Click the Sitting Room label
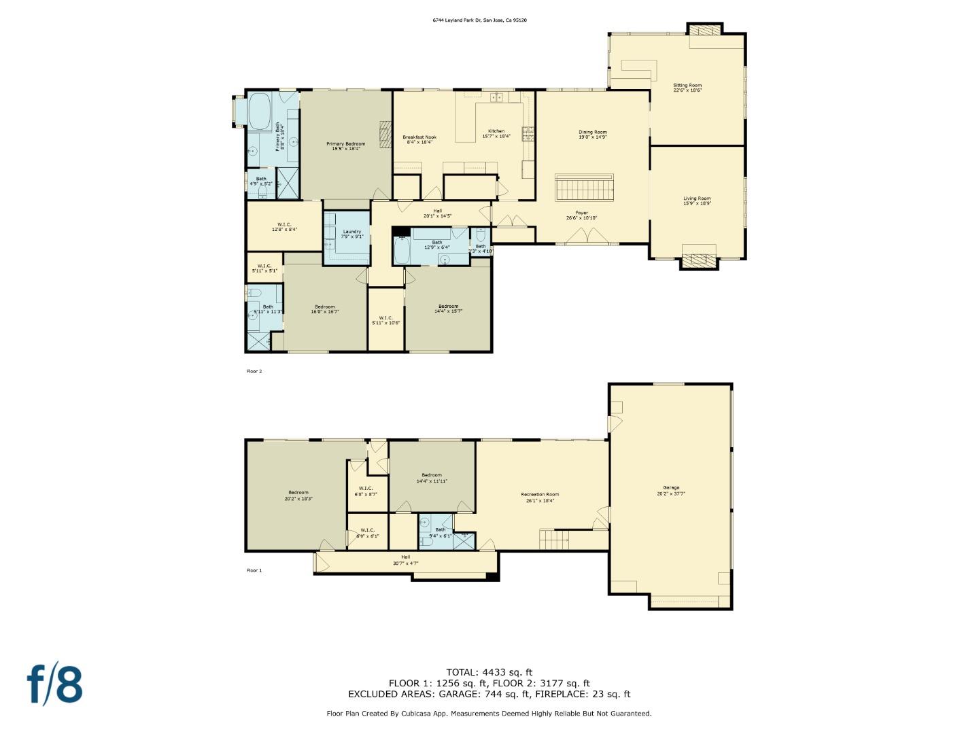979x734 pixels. click(687, 88)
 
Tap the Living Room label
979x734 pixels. click(697, 200)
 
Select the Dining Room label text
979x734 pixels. click(592, 135)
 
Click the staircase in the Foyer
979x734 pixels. click(585, 186)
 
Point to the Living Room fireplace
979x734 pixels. click(699, 260)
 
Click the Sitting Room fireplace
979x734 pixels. click(704, 30)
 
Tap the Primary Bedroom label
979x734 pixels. click(345, 145)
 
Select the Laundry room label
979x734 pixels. click(352, 234)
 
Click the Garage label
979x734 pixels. click(671, 490)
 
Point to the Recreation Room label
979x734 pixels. click(540, 497)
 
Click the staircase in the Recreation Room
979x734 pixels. click(554, 540)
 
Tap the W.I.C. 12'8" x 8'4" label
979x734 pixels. click(284, 227)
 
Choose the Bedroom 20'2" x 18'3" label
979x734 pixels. click(298, 495)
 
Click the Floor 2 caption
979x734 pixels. click(254, 371)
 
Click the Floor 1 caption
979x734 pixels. click(254, 570)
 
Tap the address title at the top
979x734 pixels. click(480, 20)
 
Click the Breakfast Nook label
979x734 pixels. click(419, 139)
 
